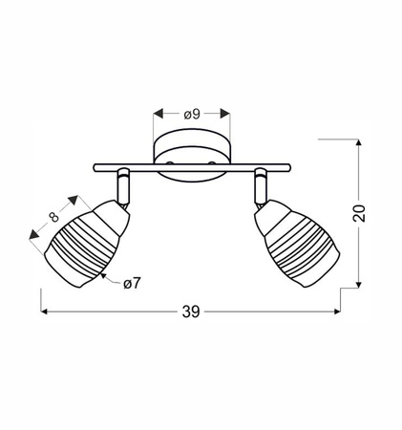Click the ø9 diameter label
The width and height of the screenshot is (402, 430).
coord(191,115)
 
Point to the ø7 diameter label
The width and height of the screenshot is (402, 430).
coord(134,283)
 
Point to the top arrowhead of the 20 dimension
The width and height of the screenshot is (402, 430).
coord(359,140)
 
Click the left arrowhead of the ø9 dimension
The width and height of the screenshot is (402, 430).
coord(156,115)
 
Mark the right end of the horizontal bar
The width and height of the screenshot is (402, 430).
coord(288,169)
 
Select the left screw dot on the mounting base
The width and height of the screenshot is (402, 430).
coord(167,163)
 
